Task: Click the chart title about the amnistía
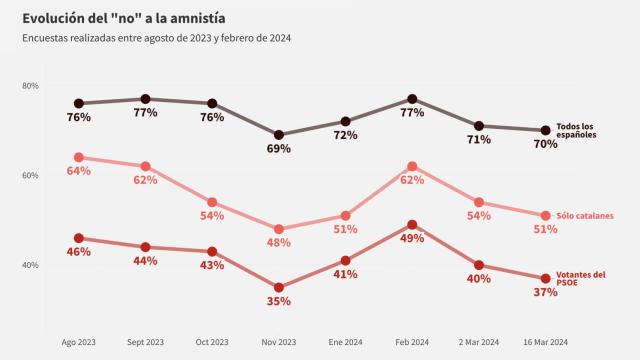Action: point(125,17)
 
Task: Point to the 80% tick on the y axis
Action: point(30,86)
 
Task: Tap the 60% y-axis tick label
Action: point(30,176)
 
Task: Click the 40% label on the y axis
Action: point(30,265)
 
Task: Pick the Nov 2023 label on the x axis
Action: point(278,341)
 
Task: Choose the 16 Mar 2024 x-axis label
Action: point(545,341)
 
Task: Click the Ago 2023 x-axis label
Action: point(79,341)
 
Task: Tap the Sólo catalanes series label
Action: point(585,215)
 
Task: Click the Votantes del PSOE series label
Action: point(581,279)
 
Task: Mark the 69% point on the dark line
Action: point(279,134)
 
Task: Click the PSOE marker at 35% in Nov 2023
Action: point(279,287)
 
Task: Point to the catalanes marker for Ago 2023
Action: point(79,157)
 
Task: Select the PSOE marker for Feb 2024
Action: point(412,225)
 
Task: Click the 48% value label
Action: point(279,242)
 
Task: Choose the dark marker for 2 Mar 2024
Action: point(479,126)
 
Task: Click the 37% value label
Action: point(545,292)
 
